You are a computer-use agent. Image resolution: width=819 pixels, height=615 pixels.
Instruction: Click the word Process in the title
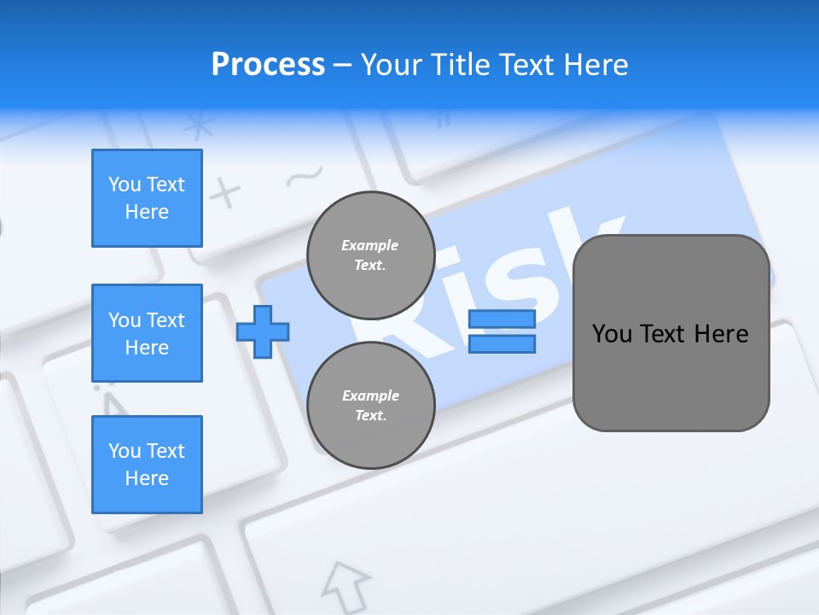coord(268,65)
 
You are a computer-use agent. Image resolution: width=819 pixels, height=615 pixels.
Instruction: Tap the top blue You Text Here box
coord(147,198)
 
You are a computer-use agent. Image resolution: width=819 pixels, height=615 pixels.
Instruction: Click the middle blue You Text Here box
coord(147,333)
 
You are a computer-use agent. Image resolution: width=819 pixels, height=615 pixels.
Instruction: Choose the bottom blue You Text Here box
coord(147,465)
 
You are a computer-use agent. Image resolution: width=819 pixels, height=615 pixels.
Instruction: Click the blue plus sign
coord(263,331)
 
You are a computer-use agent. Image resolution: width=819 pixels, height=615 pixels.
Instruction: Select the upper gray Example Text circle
coord(370,255)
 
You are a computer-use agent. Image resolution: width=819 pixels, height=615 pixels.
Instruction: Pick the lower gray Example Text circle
coord(370,405)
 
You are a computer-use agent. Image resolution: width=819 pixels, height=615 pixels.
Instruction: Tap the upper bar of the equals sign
coord(502,319)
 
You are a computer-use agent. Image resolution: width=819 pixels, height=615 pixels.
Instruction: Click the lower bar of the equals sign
coord(502,344)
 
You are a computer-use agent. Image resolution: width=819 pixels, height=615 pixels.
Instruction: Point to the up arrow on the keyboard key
coord(346,582)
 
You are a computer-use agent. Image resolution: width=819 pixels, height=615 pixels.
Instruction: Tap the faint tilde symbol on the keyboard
coord(303,178)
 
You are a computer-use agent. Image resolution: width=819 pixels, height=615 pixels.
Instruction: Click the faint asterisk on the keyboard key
coord(200,126)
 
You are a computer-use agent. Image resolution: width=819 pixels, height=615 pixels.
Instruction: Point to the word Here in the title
coord(595,65)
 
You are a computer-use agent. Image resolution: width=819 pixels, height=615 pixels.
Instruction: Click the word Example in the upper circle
coord(369,245)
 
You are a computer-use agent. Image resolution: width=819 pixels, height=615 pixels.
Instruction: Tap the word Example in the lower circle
coord(370,395)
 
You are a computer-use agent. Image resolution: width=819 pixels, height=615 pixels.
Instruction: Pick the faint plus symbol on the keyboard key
coord(225,194)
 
